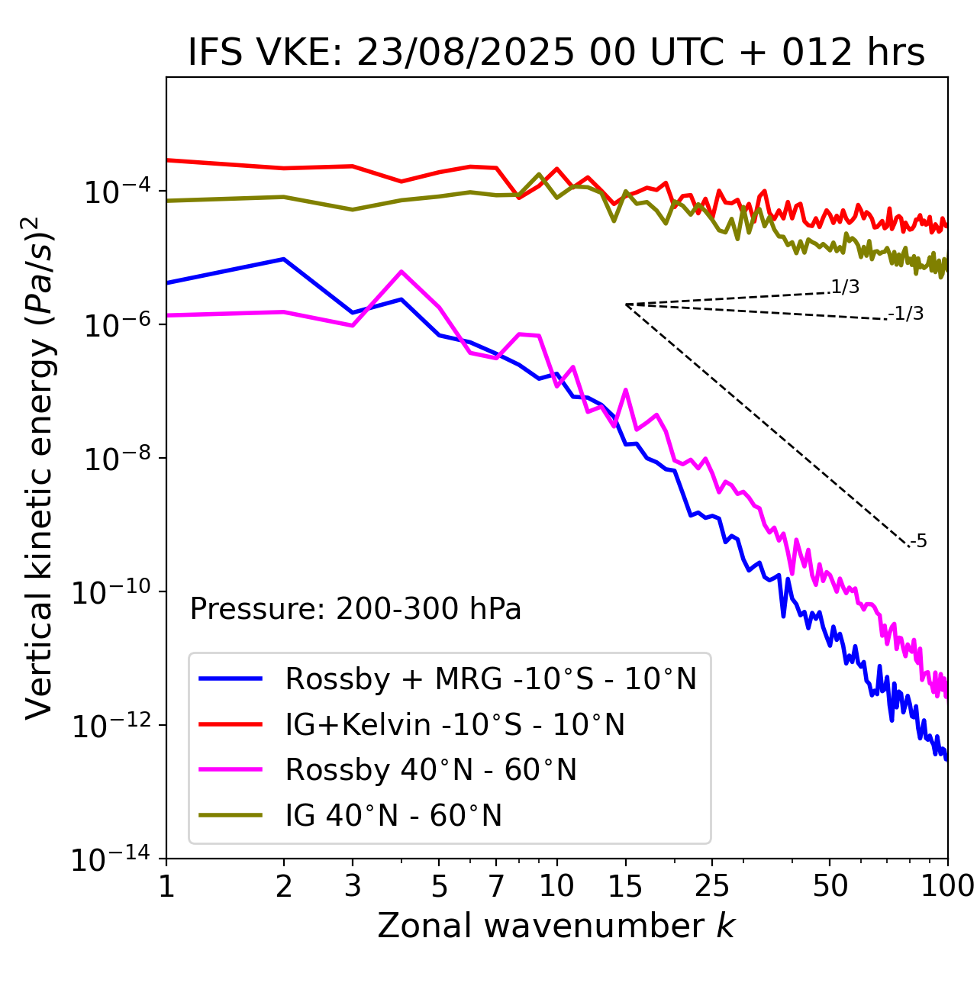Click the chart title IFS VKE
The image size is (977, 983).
coord(556,53)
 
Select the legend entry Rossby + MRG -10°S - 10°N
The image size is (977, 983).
coord(491,678)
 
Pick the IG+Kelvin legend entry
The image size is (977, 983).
coord(455,724)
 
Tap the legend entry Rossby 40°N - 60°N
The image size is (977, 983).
coord(430,770)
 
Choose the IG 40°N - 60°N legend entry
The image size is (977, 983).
coord(393,816)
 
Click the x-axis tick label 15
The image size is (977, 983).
coord(625,885)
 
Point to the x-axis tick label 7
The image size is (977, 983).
coord(496,885)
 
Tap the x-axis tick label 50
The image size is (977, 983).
coord(830,885)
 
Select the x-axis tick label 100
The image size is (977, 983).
coord(946,885)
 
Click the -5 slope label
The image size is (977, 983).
coord(918,542)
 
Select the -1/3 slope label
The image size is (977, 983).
coord(906,314)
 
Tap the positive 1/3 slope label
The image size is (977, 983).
coord(845,287)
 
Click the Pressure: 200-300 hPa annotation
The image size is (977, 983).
coord(355,609)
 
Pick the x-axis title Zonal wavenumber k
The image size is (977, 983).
coord(556,926)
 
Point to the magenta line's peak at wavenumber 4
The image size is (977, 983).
coord(401,272)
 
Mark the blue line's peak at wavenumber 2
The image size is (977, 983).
coord(284,259)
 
